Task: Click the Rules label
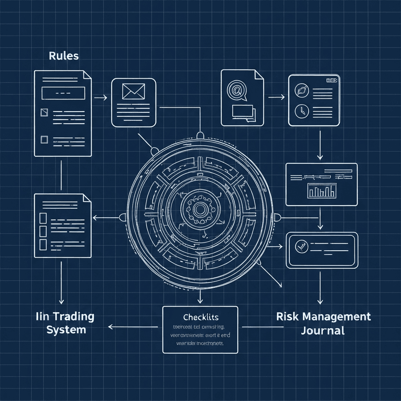63,56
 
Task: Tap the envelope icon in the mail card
134,92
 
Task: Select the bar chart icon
322,191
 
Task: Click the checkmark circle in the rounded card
301,246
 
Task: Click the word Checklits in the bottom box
200,316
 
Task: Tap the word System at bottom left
66,329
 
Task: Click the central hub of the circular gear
200,209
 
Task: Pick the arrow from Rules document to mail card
101,97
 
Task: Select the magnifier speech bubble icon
236,90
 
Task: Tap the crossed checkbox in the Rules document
44,113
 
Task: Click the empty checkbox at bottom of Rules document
44,139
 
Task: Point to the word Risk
288,316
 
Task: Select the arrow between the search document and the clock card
276,96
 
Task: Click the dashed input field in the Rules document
63,93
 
